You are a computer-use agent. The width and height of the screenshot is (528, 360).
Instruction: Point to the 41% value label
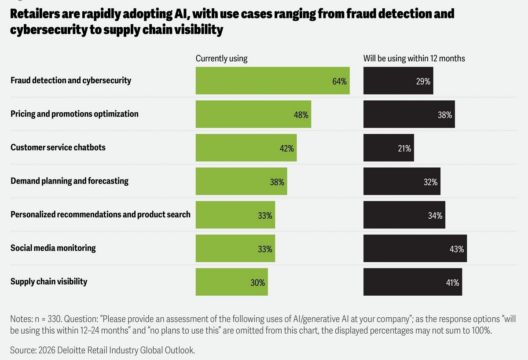pyautogui.click(x=452, y=283)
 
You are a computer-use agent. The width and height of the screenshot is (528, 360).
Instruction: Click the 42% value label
pyautogui.click(x=286, y=148)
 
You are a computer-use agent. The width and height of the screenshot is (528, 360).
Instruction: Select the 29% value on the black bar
pyautogui.click(x=423, y=81)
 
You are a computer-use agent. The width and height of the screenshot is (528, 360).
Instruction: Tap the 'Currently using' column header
pyautogui.click(x=221, y=58)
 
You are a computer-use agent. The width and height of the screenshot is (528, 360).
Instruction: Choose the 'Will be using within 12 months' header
pyautogui.click(x=414, y=58)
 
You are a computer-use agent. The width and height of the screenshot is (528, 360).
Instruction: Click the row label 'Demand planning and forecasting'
pyautogui.click(x=70, y=181)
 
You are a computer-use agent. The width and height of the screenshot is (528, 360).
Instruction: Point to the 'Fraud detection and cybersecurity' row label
pyautogui.click(x=71, y=81)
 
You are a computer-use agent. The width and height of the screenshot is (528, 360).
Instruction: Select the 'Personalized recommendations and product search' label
pyautogui.click(x=100, y=214)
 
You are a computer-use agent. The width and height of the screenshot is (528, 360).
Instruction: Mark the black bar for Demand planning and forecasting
pyautogui.click(x=402, y=181)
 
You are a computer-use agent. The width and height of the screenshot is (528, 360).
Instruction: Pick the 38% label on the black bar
pyautogui.click(x=445, y=115)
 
